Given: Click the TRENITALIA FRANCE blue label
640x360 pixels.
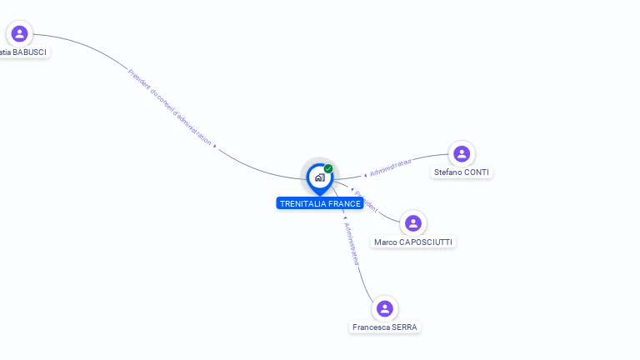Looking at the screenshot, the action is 320,203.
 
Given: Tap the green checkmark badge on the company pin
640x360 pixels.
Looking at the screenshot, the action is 328,169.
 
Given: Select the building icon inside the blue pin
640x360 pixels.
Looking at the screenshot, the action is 319,177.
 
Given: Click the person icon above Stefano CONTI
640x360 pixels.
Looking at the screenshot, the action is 462,153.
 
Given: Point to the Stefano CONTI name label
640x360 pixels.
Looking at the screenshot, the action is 462,172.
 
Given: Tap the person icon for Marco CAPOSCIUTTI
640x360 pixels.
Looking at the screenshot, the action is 412,223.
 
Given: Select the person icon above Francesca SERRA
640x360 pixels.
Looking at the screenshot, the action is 384,309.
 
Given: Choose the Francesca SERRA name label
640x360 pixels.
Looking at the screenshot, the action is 384,327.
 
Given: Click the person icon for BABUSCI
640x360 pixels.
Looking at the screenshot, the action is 19,33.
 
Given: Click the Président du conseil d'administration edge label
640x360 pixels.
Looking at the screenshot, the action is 170,106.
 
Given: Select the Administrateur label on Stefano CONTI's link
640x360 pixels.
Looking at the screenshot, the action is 391,167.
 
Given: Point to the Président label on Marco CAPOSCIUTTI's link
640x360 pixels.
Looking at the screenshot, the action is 366,202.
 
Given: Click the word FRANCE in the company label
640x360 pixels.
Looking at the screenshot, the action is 345,203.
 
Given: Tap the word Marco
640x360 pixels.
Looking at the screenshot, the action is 385,242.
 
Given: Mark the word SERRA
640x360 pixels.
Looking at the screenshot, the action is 404,327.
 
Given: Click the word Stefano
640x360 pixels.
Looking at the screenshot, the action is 447,172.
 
